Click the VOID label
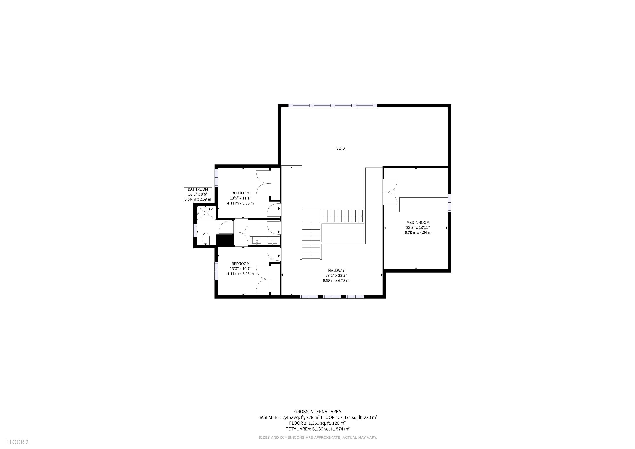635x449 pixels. point(341,148)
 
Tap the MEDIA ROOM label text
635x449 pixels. point(418,222)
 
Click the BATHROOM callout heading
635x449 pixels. point(198,189)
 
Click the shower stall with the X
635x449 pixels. point(206,213)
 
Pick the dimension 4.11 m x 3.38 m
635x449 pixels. point(240,203)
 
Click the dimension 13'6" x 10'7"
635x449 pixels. point(240,269)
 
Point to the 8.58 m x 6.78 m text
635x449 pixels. point(336,280)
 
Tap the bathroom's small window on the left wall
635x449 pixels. point(195,230)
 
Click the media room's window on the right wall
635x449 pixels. point(449,203)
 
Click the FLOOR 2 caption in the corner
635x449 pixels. point(17,442)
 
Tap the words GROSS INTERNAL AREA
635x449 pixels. point(317,411)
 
